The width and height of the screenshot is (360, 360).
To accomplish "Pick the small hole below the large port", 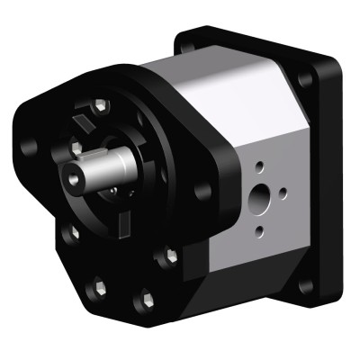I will [259, 230].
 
